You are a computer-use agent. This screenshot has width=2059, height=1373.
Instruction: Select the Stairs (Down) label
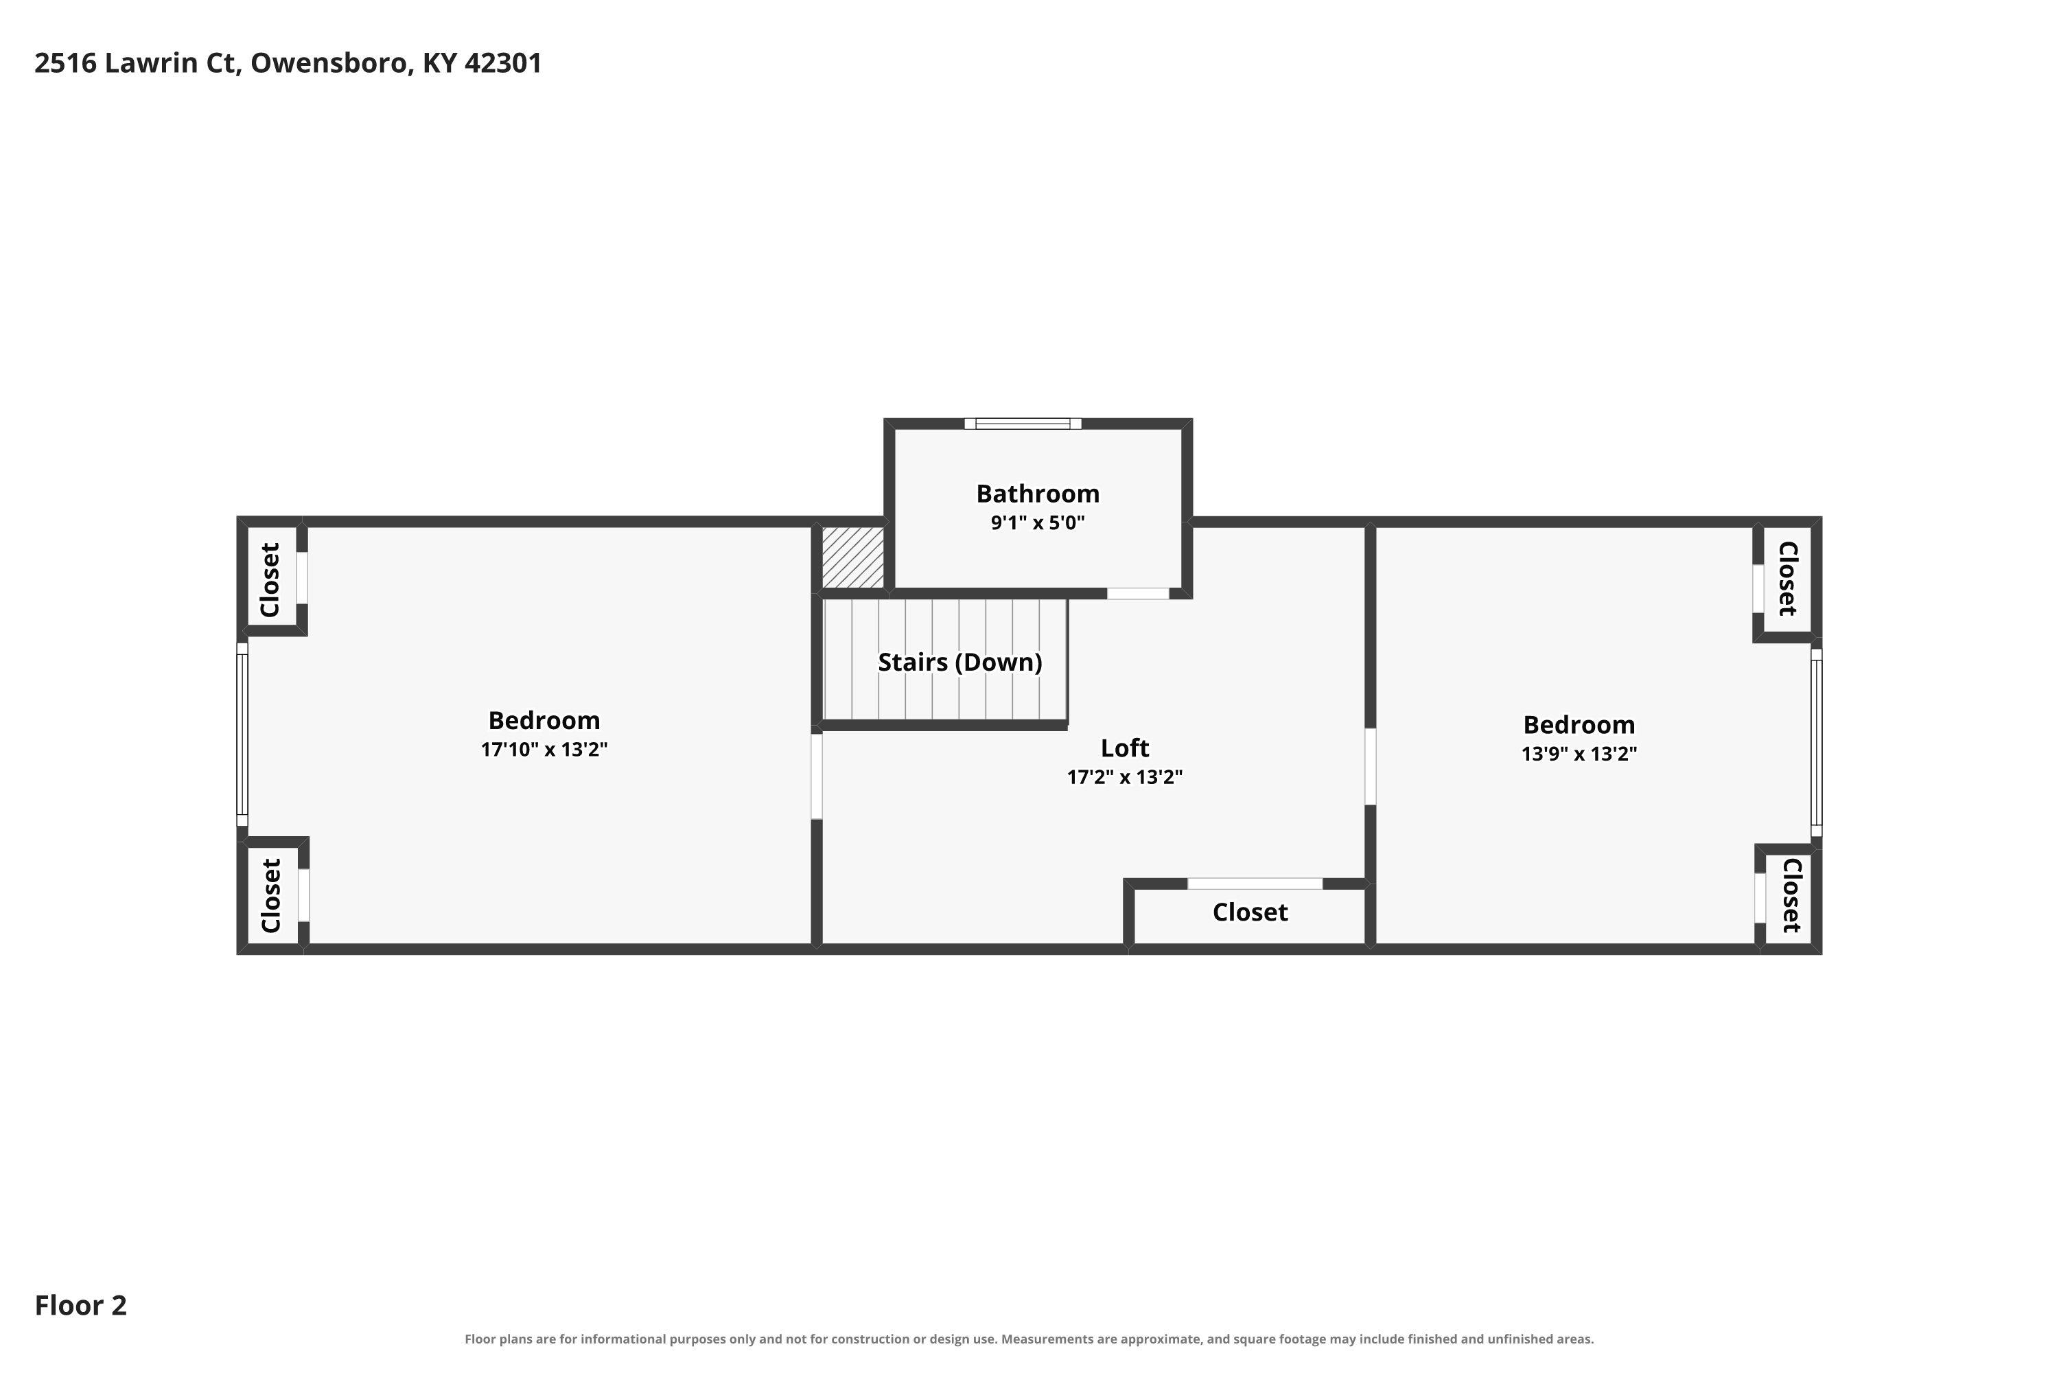coord(959,662)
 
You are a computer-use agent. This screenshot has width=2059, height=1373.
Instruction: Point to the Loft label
coord(1124,748)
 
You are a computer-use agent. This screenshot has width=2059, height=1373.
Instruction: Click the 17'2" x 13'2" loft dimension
coord(1124,776)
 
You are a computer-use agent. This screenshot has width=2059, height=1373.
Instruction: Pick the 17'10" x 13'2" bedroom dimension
coord(544,750)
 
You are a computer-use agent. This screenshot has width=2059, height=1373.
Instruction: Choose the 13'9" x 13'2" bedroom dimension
coord(1579,754)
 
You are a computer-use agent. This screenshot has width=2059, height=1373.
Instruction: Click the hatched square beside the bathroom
coord(852,557)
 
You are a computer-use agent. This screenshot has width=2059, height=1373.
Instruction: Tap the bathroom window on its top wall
coord(1023,424)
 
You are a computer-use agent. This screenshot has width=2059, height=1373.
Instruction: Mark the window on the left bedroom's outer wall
coord(242,735)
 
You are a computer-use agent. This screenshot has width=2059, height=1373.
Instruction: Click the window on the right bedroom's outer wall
coord(1817,743)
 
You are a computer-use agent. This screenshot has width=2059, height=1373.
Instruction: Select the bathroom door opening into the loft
coord(1137,594)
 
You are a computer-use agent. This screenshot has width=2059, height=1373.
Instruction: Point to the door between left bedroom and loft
coord(817,776)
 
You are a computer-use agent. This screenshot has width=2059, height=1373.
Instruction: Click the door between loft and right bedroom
coord(1370,766)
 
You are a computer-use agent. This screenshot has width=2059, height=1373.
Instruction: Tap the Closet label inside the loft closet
coord(1249,912)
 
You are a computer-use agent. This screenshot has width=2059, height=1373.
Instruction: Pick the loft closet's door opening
coord(1255,884)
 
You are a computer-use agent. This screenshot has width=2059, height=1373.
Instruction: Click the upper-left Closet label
coord(270,579)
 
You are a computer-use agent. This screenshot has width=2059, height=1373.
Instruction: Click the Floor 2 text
coord(80,1306)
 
